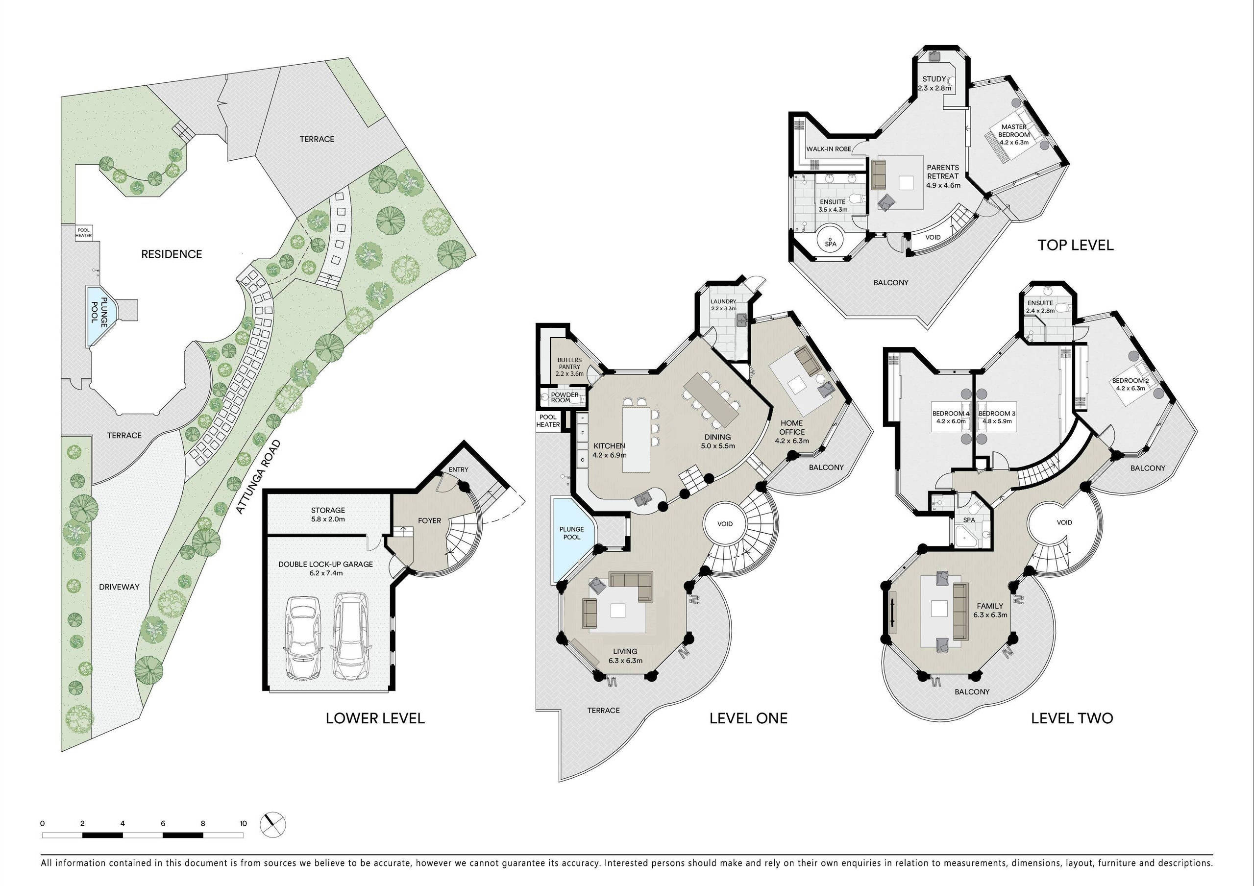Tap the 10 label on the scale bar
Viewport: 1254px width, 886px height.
point(243,824)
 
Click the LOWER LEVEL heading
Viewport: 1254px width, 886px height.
point(375,718)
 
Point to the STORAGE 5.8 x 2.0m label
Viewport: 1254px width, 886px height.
point(328,515)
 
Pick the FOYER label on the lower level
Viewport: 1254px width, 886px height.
point(429,520)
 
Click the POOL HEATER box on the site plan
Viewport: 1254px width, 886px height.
point(84,233)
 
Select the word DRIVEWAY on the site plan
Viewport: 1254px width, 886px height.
point(119,587)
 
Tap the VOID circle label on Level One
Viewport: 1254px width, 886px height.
point(725,524)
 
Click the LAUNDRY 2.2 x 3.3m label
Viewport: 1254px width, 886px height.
point(724,305)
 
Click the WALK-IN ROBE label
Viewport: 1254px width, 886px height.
point(829,148)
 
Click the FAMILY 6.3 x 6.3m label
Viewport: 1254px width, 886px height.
point(990,610)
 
